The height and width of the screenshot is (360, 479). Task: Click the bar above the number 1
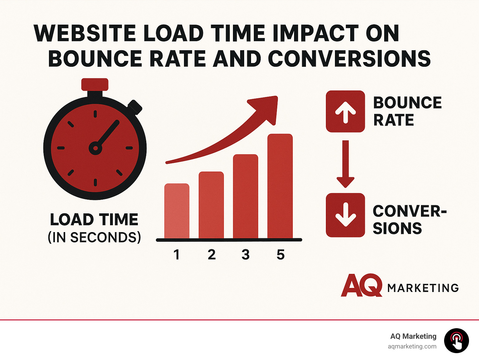tap(177, 211)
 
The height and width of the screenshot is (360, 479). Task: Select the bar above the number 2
tap(211, 205)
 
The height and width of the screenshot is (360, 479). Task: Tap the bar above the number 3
tap(246, 197)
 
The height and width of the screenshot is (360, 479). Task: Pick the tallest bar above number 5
tap(280, 186)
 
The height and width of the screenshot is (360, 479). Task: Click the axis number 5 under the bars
tap(281, 255)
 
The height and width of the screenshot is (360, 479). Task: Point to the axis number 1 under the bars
tap(177, 255)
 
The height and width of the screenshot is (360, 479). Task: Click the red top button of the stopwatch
tap(95, 84)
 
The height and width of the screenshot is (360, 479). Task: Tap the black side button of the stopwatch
tap(135, 107)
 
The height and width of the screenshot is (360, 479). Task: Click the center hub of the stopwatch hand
tap(95, 148)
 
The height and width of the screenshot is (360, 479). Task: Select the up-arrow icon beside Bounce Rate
tap(345, 111)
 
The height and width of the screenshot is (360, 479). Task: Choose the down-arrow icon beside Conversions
tap(345, 215)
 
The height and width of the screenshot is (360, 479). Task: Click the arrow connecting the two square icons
tap(345, 164)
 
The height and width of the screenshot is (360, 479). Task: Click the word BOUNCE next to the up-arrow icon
tap(408, 103)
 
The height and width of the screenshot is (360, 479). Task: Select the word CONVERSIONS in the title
tap(349, 59)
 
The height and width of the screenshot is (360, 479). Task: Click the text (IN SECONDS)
tap(94, 237)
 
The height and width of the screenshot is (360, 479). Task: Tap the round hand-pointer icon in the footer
tap(456, 341)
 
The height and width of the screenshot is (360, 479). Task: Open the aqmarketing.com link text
tap(412, 347)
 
